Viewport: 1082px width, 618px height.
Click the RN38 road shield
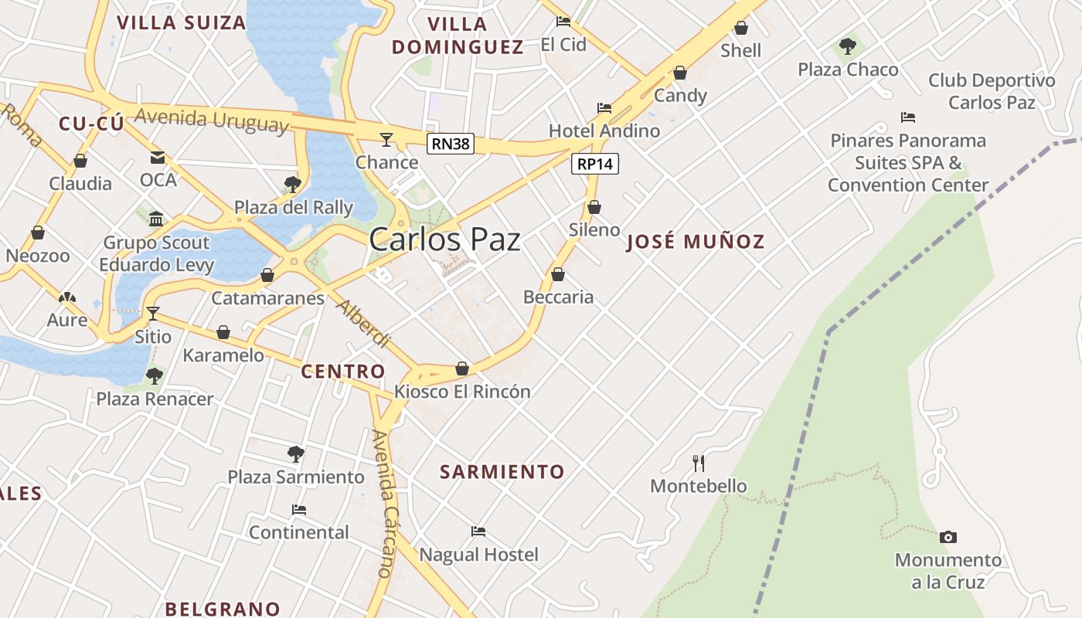[x=450, y=143]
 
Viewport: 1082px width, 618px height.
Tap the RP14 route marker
[x=595, y=164]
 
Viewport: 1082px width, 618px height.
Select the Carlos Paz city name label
[x=444, y=239]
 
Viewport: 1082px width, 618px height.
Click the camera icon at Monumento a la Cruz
[x=948, y=537]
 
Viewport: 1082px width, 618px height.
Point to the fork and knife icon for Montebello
[x=699, y=463]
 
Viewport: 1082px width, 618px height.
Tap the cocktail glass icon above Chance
[x=386, y=139]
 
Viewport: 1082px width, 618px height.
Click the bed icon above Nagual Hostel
[x=478, y=531]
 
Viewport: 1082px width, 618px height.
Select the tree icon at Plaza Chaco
[x=848, y=46]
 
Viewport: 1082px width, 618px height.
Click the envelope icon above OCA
[x=158, y=158]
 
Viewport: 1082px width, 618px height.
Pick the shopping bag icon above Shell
[x=740, y=29]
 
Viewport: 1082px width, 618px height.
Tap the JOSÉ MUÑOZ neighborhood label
[x=696, y=242]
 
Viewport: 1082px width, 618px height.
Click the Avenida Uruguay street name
[x=212, y=120]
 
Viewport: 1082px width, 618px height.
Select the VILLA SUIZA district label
[x=181, y=22]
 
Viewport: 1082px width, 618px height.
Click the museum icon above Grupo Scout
[x=157, y=219]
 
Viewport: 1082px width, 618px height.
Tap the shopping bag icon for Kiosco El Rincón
[x=462, y=368]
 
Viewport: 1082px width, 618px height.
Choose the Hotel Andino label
[x=604, y=131]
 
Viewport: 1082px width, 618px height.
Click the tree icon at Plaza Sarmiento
[x=295, y=454]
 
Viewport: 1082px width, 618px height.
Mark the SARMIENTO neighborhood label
[x=502, y=471]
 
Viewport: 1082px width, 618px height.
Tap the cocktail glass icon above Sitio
[x=153, y=313]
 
